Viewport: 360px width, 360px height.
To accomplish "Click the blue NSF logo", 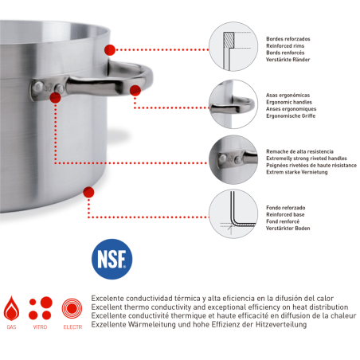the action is (112, 259).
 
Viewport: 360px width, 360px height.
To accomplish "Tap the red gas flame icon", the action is (11, 308).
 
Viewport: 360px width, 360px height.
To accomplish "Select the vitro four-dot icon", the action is (41, 308).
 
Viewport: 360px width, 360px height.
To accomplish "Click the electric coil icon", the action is (72, 308).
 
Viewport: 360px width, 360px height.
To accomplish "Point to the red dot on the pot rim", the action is (110, 50).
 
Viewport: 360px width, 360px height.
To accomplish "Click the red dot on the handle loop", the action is (135, 91).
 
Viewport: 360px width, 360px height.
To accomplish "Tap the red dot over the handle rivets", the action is (55, 97).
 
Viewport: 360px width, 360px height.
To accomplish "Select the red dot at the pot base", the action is (88, 192).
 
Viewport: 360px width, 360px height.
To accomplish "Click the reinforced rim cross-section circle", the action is (233, 46).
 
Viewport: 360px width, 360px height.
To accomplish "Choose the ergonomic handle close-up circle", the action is (233, 104).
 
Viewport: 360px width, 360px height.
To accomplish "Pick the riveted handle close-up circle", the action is (233, 159).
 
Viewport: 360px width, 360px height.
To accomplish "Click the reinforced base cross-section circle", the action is (233, 213).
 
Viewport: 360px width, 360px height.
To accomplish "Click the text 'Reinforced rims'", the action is (285, 46).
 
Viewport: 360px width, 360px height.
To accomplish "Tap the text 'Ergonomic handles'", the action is (289, 102).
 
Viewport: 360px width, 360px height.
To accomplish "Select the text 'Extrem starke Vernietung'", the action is (297, 172).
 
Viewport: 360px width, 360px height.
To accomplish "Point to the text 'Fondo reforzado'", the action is (286, 208).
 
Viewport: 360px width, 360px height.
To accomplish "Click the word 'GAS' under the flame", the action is (11, 327).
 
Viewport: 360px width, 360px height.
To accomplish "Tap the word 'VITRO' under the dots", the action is (40, 327).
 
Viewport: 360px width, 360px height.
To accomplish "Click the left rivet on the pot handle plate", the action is (38, 87).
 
